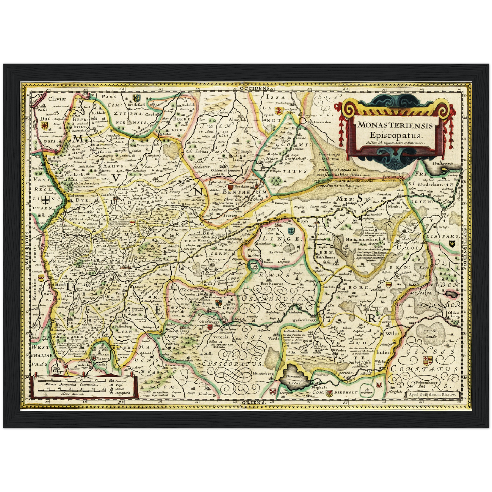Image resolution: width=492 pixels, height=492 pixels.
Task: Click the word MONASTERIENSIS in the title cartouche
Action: coord(395,125)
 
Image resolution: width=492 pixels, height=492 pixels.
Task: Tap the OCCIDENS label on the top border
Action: coord(254,88)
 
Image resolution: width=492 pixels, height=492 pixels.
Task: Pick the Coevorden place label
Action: coord(322,122)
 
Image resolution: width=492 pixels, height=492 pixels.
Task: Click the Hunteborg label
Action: coord(263,373)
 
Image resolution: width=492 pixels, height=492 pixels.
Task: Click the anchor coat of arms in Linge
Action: coord(290,231)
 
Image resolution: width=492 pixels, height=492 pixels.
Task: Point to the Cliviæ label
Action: coord(56,99)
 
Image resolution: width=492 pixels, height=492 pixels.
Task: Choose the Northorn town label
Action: coord(242,187)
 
